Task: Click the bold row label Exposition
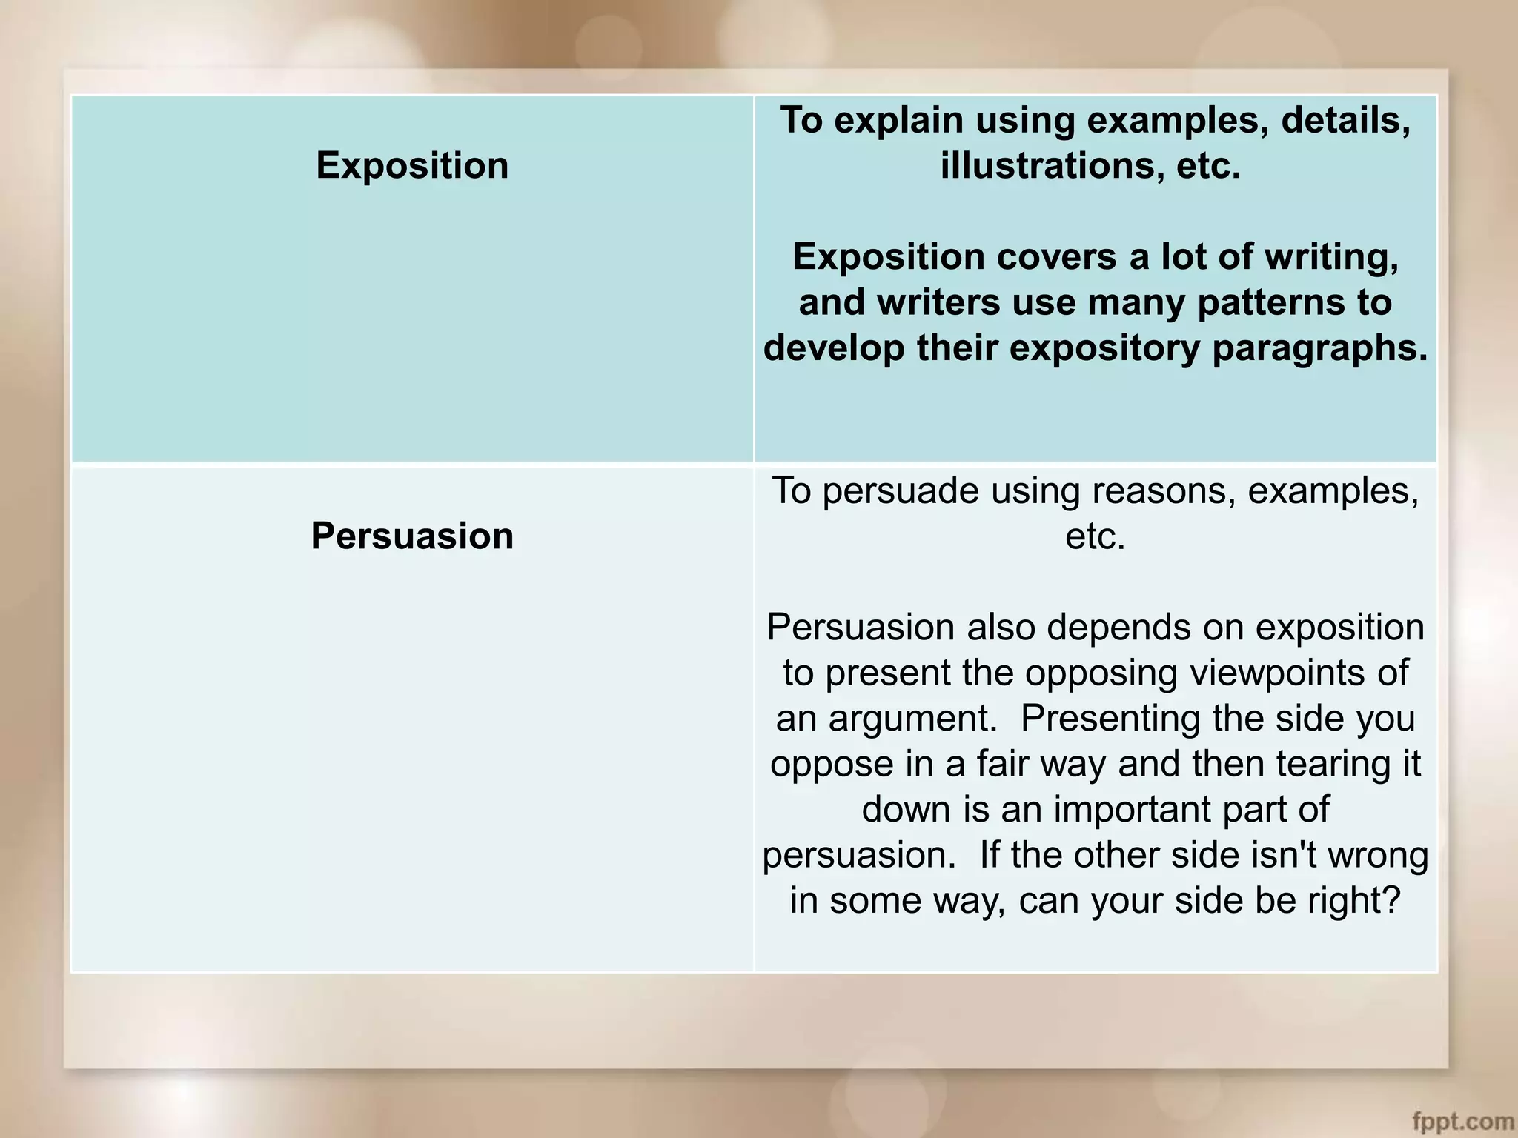click(412, 165)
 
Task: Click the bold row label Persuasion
click(412, 536)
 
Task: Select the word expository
click(1104, 348)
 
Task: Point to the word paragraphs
click(1319, 348)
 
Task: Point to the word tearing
click(1328, 764)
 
